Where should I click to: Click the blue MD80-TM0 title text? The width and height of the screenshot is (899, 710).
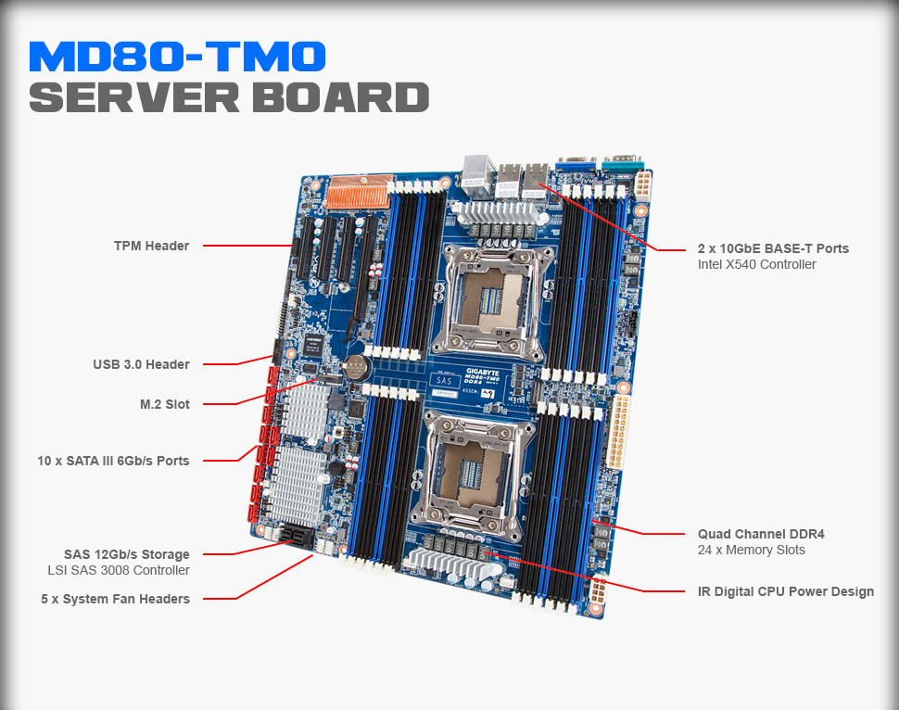(177, 57)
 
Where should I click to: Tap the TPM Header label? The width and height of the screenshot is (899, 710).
(151, 246)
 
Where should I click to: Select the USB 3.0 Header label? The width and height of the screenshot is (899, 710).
(141, 364)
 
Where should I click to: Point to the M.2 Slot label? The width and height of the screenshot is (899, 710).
(164, 404)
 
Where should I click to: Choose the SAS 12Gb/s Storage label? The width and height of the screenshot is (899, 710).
(126, 554)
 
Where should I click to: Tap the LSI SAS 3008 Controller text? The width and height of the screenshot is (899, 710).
(119, 570)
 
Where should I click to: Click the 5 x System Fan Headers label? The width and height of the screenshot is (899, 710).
(115, 599)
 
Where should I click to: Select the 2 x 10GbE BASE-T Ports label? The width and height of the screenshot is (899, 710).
(773, 248)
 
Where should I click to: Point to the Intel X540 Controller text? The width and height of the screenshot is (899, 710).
(757, 264)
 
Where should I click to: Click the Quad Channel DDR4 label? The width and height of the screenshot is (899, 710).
(761, 534)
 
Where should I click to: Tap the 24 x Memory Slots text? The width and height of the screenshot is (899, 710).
(752, 550)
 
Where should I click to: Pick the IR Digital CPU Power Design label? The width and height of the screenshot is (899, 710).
(786, 591)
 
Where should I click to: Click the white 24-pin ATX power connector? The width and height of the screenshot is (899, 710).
(618, 431)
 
